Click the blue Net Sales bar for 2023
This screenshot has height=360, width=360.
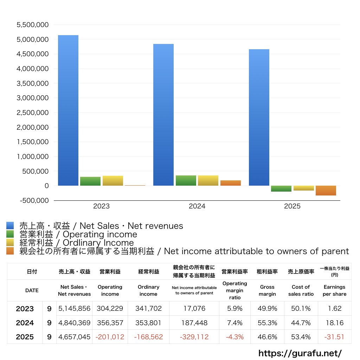[68, 110]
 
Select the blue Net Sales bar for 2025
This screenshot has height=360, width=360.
[259, 117]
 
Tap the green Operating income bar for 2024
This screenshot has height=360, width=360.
[186, 180]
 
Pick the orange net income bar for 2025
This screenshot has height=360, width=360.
[326, 191]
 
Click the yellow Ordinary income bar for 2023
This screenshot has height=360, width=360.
[113, 181]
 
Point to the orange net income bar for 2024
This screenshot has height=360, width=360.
[231, 183]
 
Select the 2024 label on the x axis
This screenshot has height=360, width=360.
[197, 206]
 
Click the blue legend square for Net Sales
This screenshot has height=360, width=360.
[10, 226]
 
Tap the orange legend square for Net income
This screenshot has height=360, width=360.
[10, 251]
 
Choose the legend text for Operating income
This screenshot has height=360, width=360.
[78, 234]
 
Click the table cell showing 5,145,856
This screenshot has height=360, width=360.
[74, 309]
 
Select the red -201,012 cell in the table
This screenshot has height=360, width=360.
[110, 337]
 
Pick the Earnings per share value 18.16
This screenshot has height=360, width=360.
[334, 323]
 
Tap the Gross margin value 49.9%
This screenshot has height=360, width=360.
[267, 309]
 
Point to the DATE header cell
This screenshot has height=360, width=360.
[32, 290]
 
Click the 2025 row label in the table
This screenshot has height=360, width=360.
[25, 337]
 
